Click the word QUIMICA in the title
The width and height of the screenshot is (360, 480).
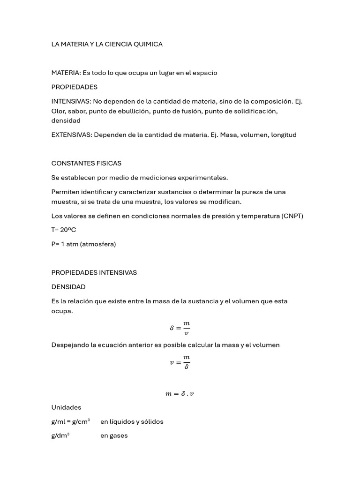pyautogui.click(x=148, y=44)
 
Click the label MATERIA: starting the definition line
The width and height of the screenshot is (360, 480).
pyautogui.click(x=66, y=73)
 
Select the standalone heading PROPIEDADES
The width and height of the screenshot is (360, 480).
pyautogui.click(x=74, y=87)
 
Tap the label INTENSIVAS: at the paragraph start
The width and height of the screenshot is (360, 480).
pyautogui.click(x=71, y=101)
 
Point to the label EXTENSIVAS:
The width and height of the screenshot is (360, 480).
pyautogui.click(x=71, y=135)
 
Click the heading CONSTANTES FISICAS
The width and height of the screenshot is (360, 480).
pyautogui.click(x=86, y=164)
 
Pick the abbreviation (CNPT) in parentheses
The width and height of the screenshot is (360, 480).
pyautogui.click(x=292, y=216)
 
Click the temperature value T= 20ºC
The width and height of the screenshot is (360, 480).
pyautogui.click(x=63, y=230)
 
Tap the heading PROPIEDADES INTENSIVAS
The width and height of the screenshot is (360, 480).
pyautogui.click(x=94, y=273)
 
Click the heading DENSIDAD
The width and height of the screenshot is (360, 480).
pyautogui.click(x=68, y=287)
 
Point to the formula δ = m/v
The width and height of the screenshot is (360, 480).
pyautogui.click(x=180, y=328)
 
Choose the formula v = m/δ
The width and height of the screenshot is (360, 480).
pyautogui.click(x=180, y=362)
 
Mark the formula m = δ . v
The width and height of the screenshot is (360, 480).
pyautogui.click(x=180, y=394)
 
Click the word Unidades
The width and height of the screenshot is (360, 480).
pyautogui.click(x=66, y=407)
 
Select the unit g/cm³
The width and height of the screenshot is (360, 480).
pyautogui.click(x=81, y=421)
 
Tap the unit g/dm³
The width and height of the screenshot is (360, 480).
pyautogui.click(x=60, y=435)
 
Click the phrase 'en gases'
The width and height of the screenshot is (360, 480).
pyautogui.click(x=114, y=436)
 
